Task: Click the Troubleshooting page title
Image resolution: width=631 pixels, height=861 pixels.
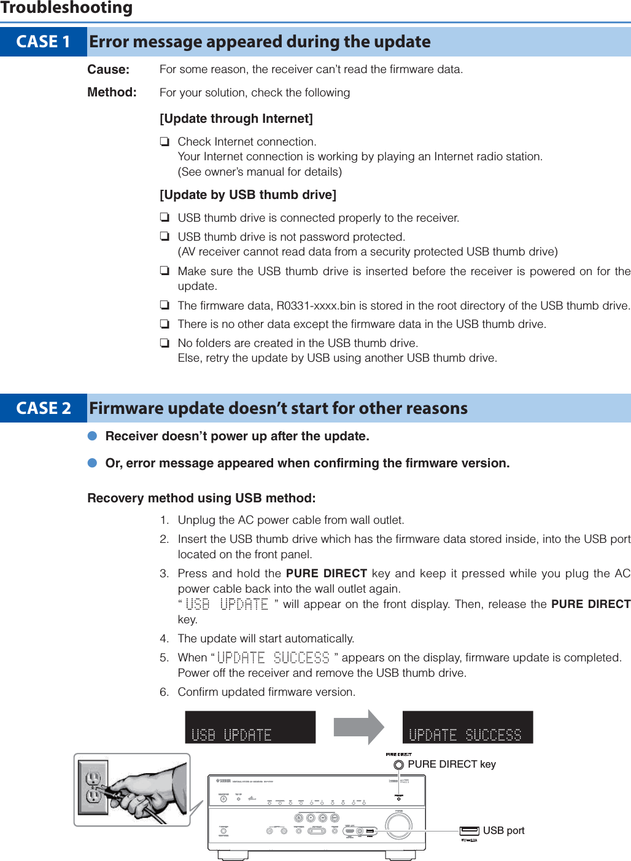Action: (66, 8)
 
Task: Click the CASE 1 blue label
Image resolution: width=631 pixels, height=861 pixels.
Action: (43, 42)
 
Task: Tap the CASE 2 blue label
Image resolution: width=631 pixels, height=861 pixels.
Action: (43, 408)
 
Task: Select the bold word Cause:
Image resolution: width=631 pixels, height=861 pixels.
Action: (108, 69)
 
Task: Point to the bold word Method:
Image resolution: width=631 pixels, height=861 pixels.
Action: (112, 92)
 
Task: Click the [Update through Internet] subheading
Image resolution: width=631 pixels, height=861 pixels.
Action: (236, 119)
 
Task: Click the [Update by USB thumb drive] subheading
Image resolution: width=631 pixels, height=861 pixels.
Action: (247, 195)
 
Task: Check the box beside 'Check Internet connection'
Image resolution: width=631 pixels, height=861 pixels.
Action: (165, 142)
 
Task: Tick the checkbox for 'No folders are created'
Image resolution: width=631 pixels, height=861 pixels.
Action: (165, 343)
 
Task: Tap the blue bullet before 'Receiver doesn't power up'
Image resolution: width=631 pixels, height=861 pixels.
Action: (93, 436)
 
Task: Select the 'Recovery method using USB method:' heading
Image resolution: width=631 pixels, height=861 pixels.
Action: (201, 498)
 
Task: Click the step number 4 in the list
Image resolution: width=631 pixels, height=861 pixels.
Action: (164, 639)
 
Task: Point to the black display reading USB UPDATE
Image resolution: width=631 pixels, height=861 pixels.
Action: (250, 728)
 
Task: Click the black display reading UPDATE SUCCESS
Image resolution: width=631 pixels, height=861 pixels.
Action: (467, 728)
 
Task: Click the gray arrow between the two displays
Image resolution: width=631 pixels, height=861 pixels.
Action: (358, 727)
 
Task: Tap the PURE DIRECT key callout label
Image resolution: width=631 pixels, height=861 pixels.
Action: (451, 765)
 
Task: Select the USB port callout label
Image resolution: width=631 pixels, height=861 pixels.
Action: (503, 831)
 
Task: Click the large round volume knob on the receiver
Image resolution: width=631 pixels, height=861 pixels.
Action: (399, 825)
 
